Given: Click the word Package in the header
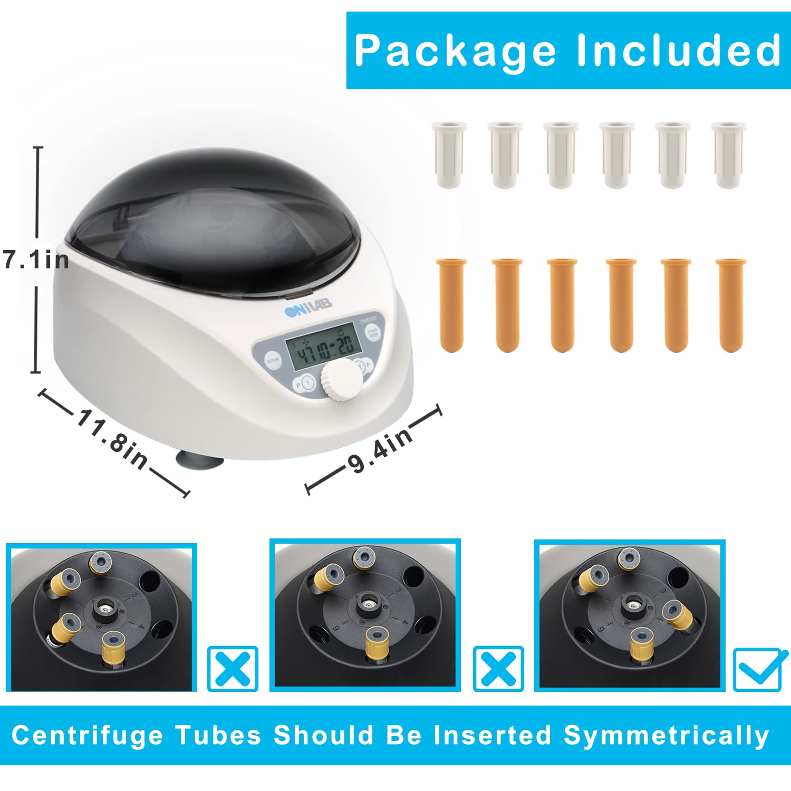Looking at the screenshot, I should click(x=455, y=51).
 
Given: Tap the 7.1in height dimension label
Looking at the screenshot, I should click(x=36, y=260).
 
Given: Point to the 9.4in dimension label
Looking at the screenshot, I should click(x=380, y=450).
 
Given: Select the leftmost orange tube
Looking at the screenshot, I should click(x=452, y=305).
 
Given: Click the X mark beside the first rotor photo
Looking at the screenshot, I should click(x=233, y=668).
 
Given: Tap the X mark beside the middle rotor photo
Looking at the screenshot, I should click(x=498, y=668).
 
